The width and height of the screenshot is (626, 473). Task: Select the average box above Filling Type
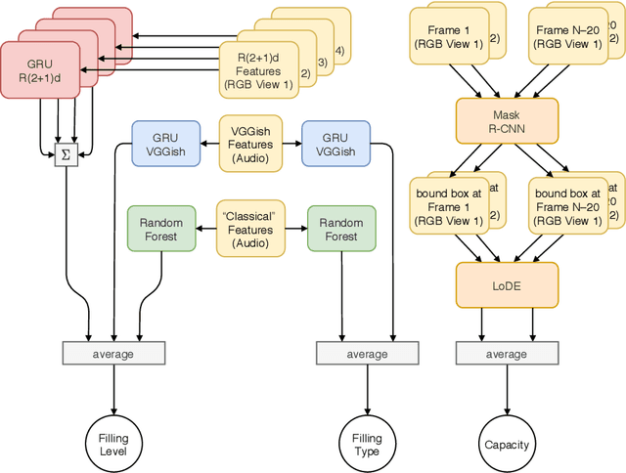pos(368,353)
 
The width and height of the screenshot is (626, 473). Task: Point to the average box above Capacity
pos(506,353)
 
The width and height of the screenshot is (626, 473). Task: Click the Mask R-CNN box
pos(506,119)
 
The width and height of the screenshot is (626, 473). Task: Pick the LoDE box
pos(506,283)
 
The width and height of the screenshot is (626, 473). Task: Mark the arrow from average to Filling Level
pos(114,389)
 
